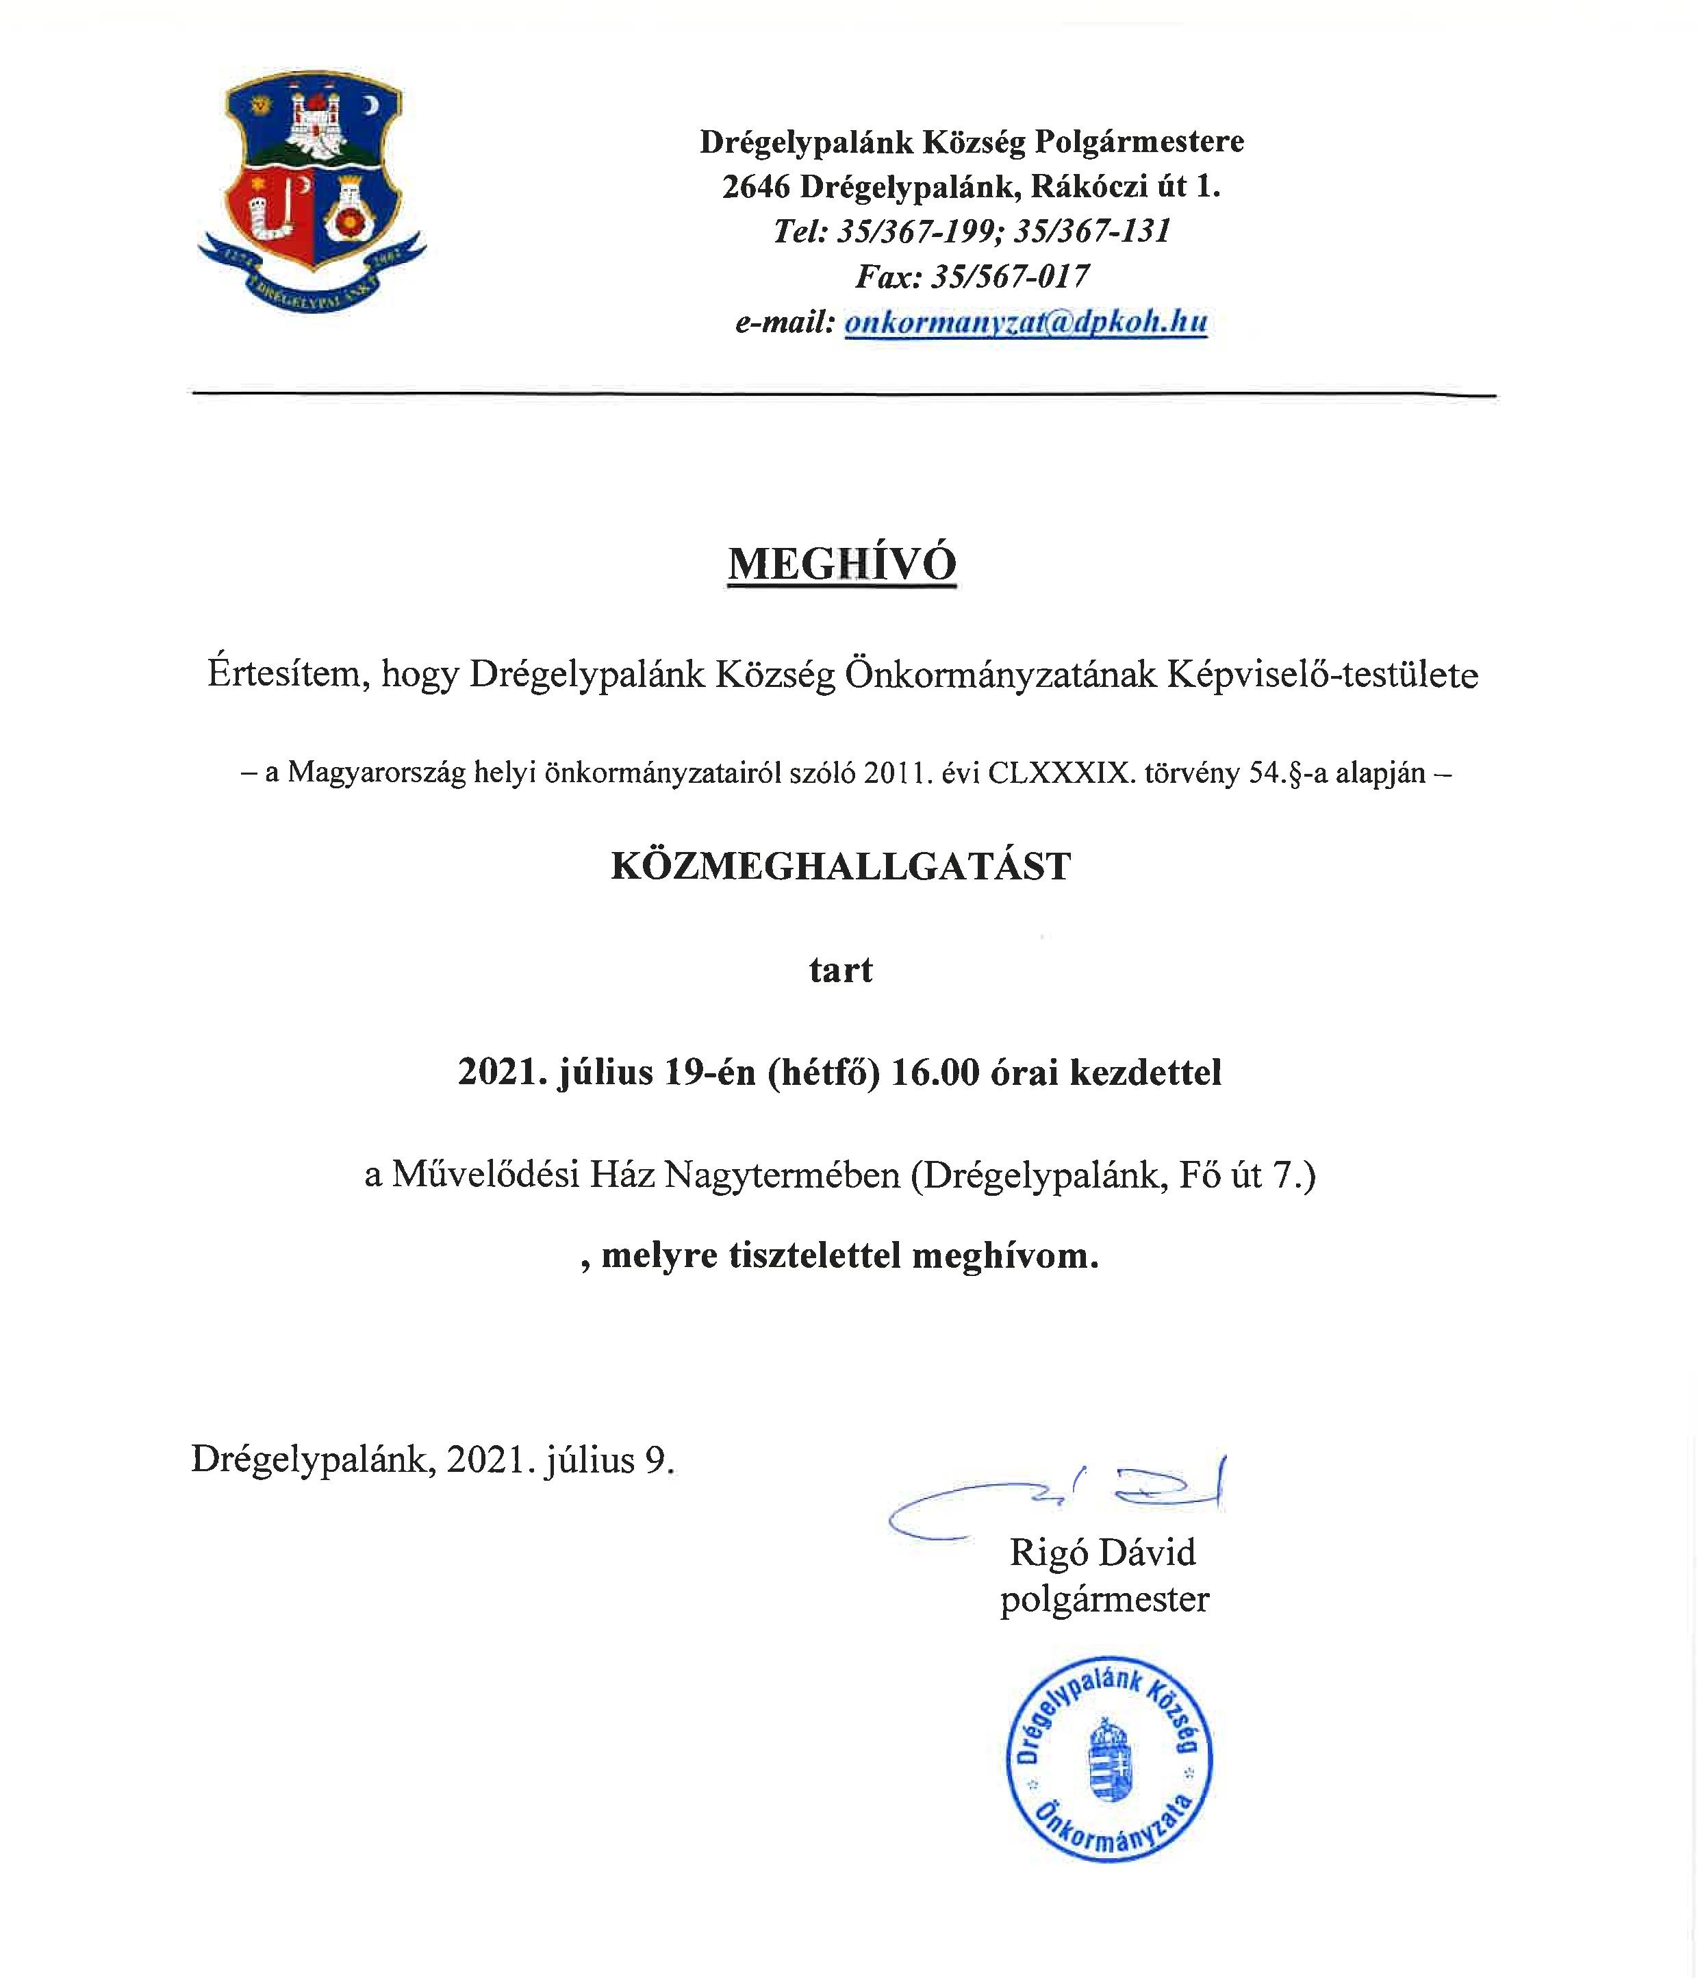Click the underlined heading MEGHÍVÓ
point(842,564)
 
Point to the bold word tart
point(841,970)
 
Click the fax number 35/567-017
point(1010,277)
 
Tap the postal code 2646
point(756,187)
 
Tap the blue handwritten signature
point(1054,1497)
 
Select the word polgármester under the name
point(1104,1598)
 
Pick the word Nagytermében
point(782,1174)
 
